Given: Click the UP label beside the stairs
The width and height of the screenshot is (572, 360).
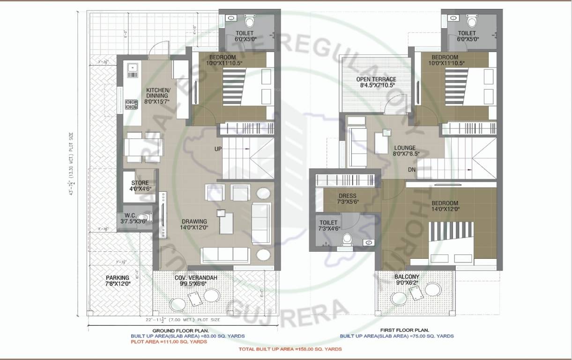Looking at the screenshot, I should pos(218,149).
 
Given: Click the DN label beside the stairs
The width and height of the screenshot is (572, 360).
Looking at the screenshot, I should pos(411,170).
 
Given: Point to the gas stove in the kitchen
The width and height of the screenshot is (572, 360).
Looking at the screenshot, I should pos(131,105).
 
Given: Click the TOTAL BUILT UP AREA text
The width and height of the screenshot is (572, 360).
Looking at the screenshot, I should pos(290,349).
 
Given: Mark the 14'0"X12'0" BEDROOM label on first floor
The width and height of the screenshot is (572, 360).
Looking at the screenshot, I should pos(445,206).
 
